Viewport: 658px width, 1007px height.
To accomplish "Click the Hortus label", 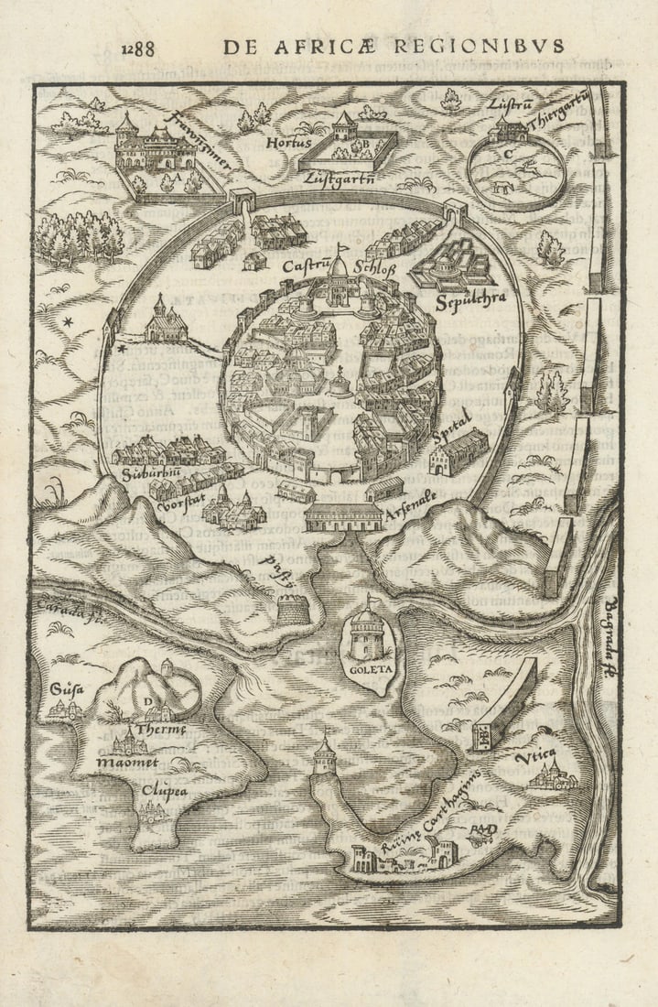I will [284, 144].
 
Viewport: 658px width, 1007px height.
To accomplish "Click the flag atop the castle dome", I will [344, 245].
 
